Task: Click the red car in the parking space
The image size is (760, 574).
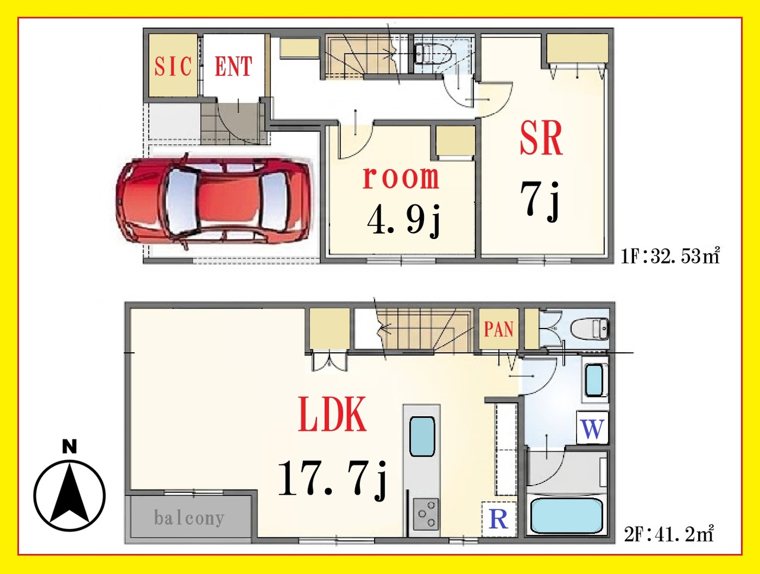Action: click(213, 201)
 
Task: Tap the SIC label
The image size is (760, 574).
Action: click(173, 66)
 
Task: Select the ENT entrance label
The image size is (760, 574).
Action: click(233, 66)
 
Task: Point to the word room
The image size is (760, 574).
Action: click(401, 177)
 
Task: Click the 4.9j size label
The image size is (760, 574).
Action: click(404, 221)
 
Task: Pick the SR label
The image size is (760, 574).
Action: click(541, 138)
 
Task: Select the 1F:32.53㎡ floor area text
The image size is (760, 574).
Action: click(670, 256)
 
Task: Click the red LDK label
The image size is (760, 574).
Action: click(332, 414)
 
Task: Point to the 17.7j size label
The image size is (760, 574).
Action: click(332, 480)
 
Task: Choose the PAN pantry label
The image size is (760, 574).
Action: click(499, 329)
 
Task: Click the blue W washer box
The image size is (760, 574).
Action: click(593, 428)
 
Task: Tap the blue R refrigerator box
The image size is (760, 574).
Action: click(499, 519)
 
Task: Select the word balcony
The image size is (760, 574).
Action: click(189, 518)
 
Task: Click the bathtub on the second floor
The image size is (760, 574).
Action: click(566, 515)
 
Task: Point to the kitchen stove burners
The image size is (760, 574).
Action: click(426, 514)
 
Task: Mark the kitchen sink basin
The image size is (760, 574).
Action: click(422, 436)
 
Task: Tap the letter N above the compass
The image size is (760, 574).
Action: click(69, 447)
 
